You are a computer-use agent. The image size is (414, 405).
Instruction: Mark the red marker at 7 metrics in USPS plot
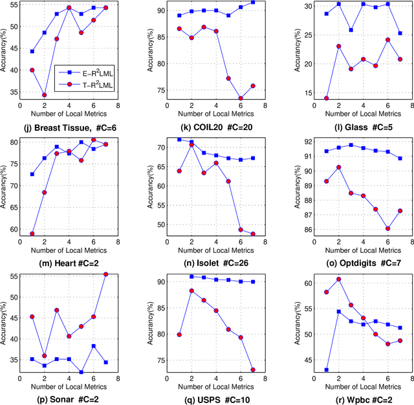[252, 370]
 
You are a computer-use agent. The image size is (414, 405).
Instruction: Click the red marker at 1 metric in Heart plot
[32, 234]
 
